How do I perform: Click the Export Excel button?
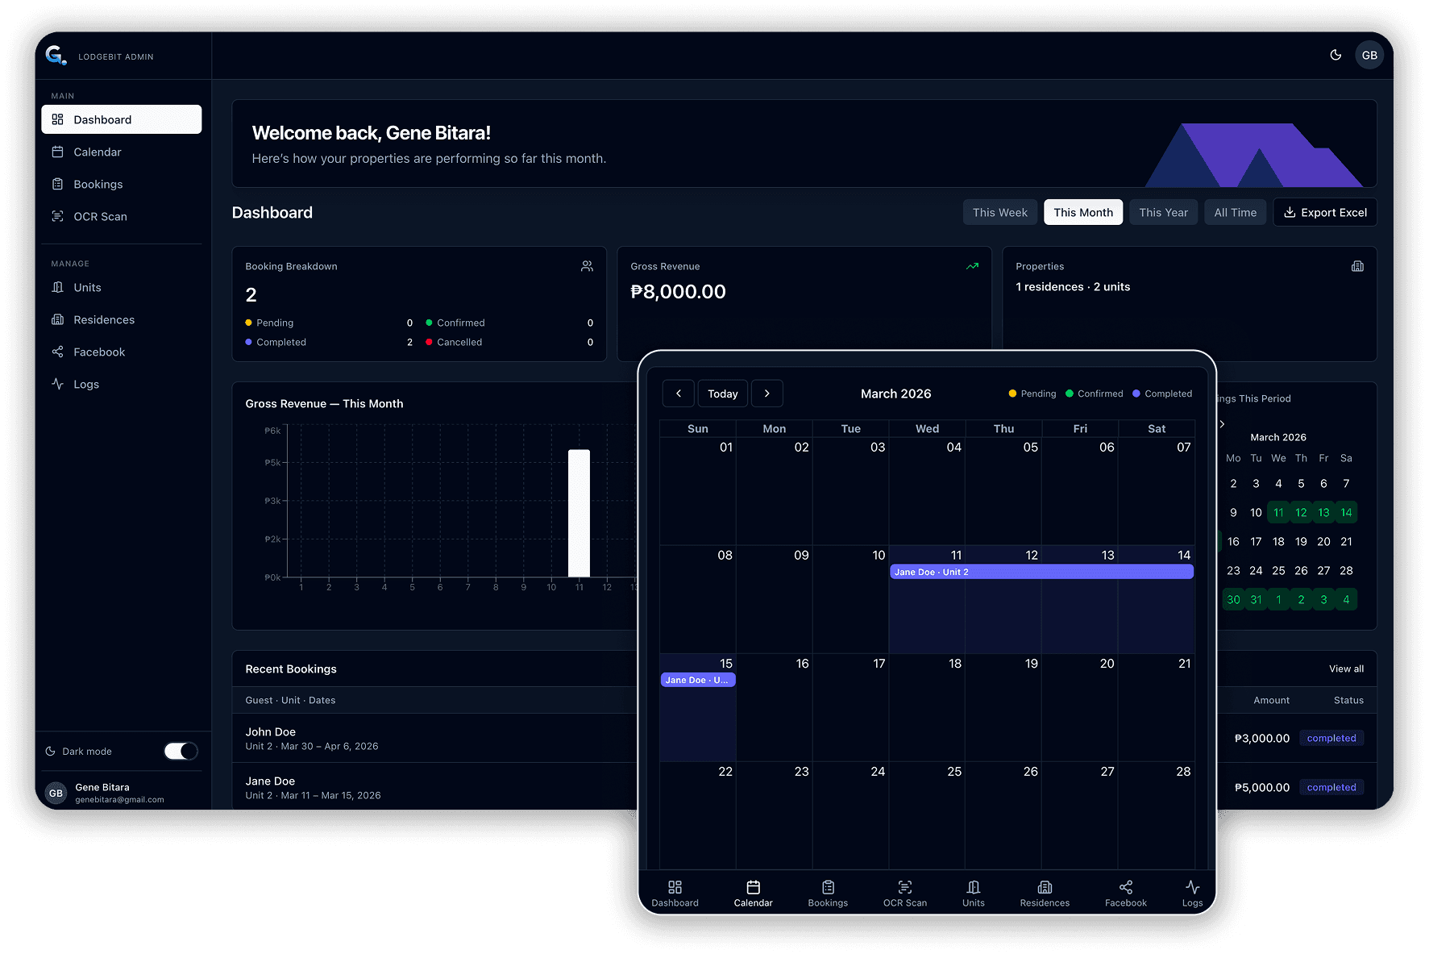1324,213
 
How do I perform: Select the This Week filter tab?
999,213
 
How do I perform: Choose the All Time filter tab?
1235,213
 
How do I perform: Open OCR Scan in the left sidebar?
100,217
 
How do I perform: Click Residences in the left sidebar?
104,320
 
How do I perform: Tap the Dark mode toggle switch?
181,752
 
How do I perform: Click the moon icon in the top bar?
1336,55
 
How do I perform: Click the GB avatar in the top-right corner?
1369,55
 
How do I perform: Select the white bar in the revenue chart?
579,513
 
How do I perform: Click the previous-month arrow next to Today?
679,394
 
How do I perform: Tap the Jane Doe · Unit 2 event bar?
1041,572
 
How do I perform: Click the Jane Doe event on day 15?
697,680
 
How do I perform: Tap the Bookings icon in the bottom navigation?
828,893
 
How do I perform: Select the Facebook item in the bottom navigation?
1125,893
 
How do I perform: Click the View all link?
1346,669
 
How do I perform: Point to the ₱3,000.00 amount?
1261,739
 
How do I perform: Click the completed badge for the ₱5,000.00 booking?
1331,788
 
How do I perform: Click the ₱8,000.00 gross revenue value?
678,292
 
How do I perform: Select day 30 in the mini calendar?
1233,600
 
